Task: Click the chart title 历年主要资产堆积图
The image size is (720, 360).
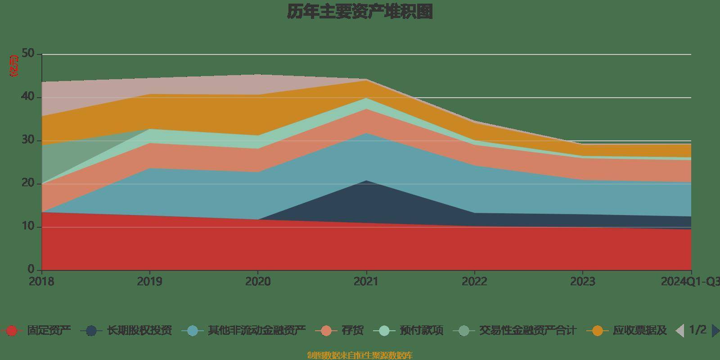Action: click(360, 12)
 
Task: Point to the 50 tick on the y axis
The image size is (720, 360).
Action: click(28, 54)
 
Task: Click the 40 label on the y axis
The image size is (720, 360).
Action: click(28, 97)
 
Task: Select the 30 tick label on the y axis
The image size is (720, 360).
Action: click(28, 140)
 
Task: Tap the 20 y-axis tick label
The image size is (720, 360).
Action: click(28, 183)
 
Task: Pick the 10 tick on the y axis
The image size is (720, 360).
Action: click(28, 226)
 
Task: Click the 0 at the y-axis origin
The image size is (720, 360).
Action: click(31, 270)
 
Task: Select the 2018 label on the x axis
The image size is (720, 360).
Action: click(41, 282)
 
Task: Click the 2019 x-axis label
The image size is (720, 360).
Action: click(150, 282)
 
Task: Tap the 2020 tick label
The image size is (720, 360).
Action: click(258, 282)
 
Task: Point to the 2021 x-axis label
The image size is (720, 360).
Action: click(366, 282)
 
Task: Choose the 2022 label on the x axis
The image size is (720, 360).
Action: click(474, 282)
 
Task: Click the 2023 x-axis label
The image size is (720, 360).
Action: click(583, 282)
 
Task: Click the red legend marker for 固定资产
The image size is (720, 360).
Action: click(12, 331)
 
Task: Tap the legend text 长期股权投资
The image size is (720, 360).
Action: click(139, 331)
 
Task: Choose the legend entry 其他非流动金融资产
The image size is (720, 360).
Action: click(256, 331)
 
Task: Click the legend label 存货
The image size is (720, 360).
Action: click(352, 331)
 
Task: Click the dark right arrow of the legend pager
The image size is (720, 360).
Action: click(715, 331)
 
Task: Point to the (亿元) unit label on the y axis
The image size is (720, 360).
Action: click(14, 66)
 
